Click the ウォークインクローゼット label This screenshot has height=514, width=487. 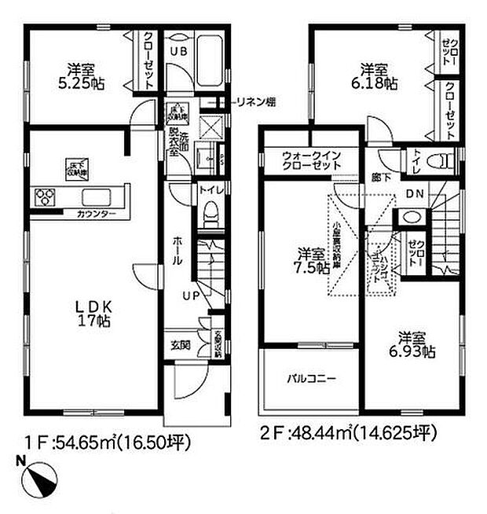click(x=312, y=161)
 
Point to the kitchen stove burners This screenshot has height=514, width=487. click(x=43, y=196)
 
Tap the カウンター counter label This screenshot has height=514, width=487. click(x=96, y=214)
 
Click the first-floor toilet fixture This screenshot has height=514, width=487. click(x=210, y=215)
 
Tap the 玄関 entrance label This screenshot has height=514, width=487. click(x=180, y=345)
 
